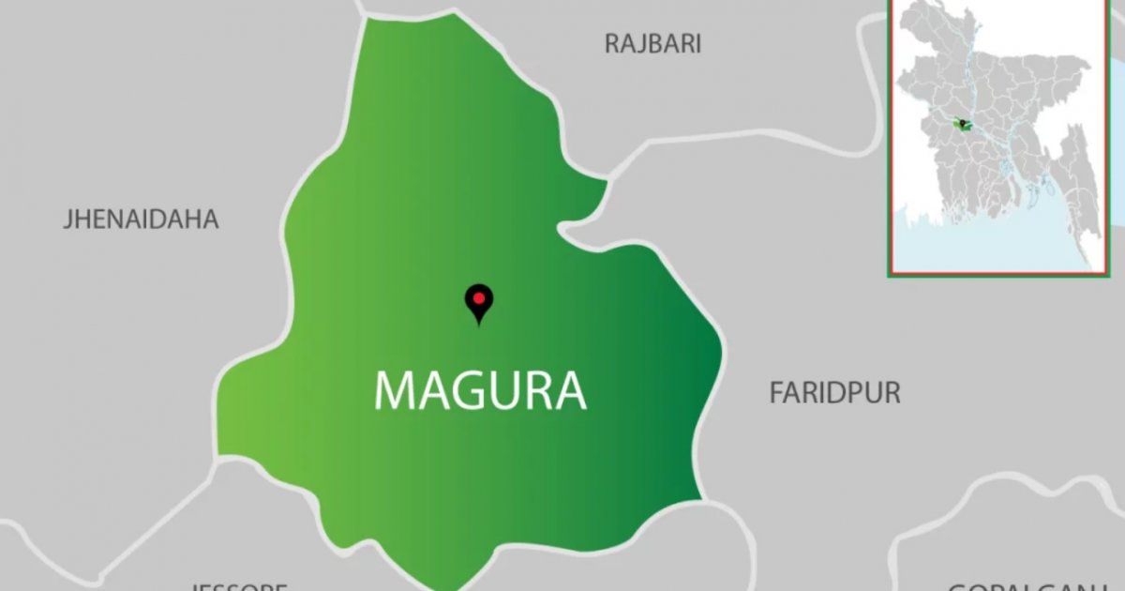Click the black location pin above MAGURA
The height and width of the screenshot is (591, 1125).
point(479,303)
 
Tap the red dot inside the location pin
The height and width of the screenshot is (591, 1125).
point(479,298)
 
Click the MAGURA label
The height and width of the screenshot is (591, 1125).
point(480,390)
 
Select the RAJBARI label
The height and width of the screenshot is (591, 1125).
point(652,44)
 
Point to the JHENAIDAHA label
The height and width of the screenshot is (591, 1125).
point(141,220)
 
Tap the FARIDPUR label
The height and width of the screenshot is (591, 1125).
point(834,393)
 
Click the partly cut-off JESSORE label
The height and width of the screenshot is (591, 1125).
point(239,586)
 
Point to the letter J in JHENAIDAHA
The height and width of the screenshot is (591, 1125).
point(67,220)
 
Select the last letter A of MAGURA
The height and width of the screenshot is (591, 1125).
point(571,390)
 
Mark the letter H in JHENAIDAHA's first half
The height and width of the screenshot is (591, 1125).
point(81,220)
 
